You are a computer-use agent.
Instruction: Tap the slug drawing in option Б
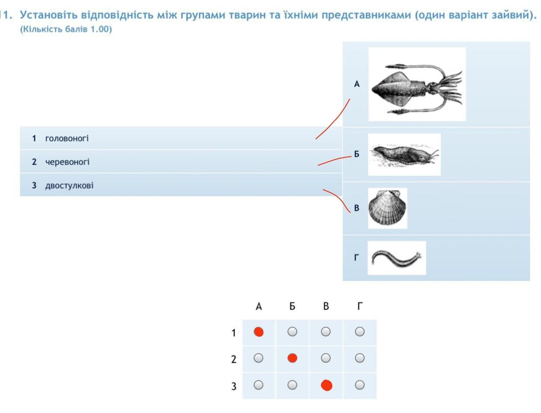[x=404, y=154]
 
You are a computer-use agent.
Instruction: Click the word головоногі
[x=67, y=139]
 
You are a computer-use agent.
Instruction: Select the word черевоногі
[x=67, y=162]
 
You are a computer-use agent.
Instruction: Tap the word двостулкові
[x=69, y=186]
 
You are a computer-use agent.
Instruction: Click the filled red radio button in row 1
[x=259, y=332]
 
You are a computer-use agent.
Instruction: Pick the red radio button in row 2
[x=292, y=358]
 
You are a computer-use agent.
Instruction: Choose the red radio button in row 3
[x=327, y=385]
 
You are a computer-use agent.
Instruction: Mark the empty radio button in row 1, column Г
[x=360, y=332]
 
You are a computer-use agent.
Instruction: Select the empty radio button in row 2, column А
[x=258, y=358]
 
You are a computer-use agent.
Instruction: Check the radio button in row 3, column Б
[x=292, y=385]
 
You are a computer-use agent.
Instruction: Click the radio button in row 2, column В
[x=326, y=358]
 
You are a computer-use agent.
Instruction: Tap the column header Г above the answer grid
[x=360, y=306]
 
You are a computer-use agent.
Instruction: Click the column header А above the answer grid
[x=259, y=306]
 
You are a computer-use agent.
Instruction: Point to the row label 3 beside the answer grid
[x=234, y=386]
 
